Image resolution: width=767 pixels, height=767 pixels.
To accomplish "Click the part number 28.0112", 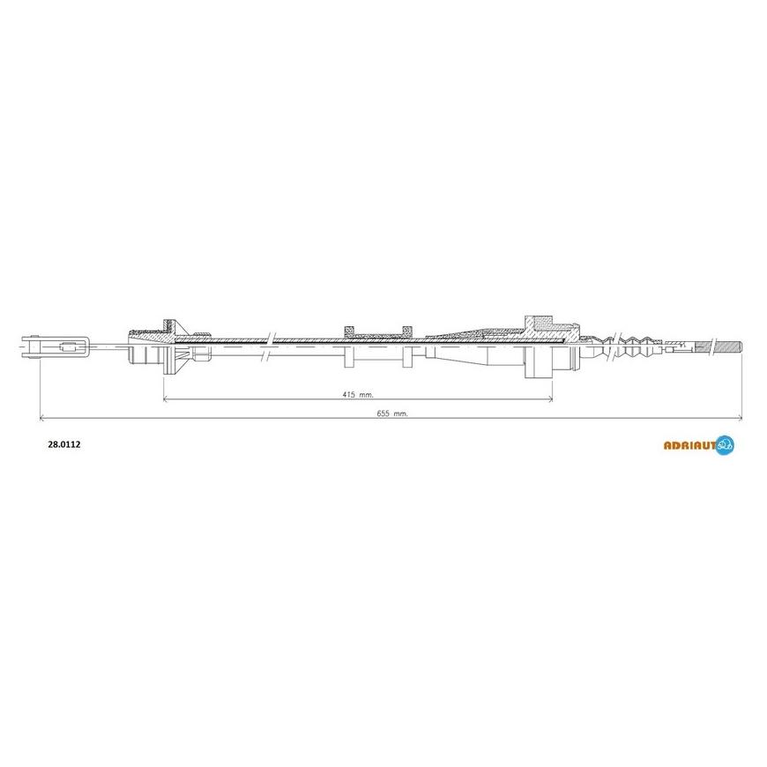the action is click(64, 444).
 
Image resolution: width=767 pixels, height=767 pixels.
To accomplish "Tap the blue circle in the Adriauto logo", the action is click(725, 445).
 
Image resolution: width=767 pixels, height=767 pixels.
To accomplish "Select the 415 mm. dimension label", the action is click(358, 394).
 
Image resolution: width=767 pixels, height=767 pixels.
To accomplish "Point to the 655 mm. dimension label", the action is click(392, 413).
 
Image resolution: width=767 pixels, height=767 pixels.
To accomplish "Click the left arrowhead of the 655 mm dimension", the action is click(42, 418).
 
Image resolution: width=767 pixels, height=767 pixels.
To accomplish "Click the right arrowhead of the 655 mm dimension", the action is click(739, 418).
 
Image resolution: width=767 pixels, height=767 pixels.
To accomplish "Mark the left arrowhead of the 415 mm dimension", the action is click(166, 399).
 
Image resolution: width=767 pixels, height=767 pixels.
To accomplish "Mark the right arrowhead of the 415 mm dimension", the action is click(549, 399).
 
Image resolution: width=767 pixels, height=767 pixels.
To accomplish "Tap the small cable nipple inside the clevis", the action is click(67, 347).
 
